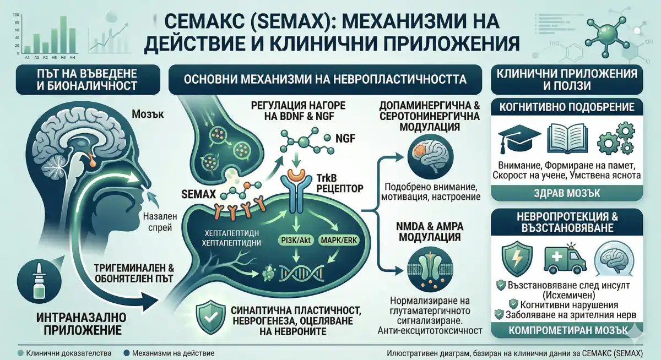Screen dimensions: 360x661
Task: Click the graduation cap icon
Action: [513, 138]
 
